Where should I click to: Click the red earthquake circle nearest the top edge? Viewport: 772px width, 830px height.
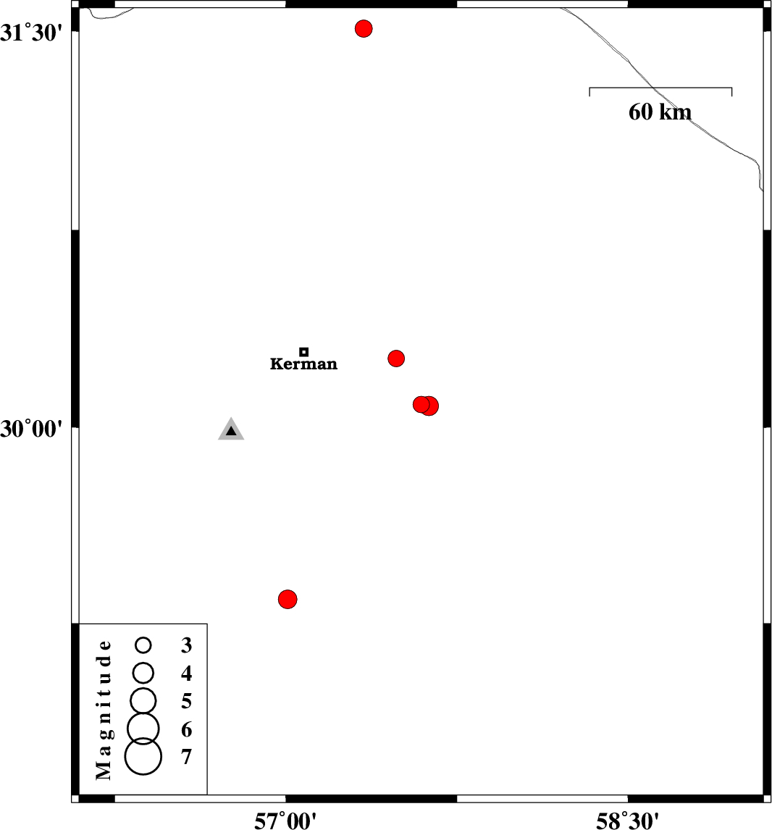point(364,28)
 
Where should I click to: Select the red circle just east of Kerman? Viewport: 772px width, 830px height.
point(396,359)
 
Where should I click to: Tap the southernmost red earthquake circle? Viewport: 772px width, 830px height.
point(288,599)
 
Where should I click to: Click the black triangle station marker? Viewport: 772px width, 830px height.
point(231,429)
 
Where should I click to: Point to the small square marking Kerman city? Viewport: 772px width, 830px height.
point(303,352)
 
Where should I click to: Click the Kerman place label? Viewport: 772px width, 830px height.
point(303,364)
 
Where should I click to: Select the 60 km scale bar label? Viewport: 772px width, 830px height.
point(660,112)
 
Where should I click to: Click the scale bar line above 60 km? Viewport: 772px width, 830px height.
point(660,88)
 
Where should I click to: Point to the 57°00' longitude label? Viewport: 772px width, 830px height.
point(286,821)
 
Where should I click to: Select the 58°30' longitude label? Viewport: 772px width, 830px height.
point(628,821)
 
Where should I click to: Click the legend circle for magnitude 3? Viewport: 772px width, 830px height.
point(143,645)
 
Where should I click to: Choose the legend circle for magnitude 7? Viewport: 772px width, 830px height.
point(143,756)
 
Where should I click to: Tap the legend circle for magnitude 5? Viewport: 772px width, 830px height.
point(143,701)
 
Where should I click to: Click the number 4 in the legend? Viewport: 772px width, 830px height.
point(186,674)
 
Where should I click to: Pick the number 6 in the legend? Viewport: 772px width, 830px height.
point(186,729)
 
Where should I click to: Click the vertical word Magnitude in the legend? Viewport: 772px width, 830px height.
point(104,710)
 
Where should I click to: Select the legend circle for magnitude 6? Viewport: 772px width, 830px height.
point(143,729)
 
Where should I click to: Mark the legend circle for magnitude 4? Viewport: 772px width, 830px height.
point(143,674)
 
